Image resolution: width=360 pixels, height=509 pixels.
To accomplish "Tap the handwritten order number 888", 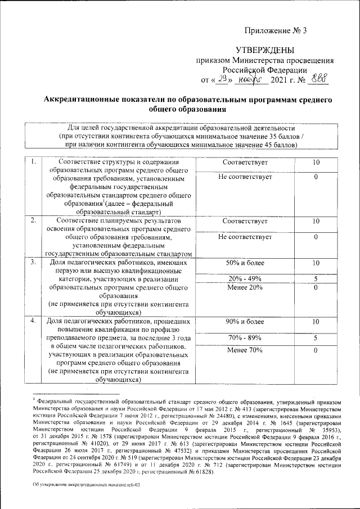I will [x=318, y=80].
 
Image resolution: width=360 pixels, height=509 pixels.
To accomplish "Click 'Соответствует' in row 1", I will [x=245, y=163].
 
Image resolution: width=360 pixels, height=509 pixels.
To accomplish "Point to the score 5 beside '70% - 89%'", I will [x=316, y=337].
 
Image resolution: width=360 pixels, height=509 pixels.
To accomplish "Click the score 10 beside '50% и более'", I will [x=316, y=263].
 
